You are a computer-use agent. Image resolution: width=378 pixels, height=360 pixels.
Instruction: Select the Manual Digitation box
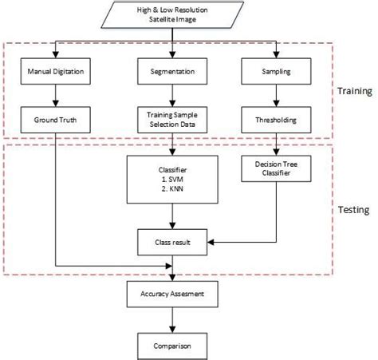[x=53, y=72]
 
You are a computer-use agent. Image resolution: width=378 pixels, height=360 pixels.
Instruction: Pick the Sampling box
[x=276, y=72]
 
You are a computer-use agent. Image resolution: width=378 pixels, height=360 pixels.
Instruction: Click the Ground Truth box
[x=53, y=120]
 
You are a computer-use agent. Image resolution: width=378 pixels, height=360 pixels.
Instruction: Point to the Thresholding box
[x=276, y=120]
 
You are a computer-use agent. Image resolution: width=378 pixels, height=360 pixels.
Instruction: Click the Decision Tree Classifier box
[x=276, y=169]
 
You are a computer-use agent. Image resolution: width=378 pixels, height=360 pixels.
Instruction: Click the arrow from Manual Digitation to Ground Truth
[x=53, y=96]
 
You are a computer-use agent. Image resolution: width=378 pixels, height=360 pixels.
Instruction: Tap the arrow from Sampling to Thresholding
[x=276, y=96]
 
